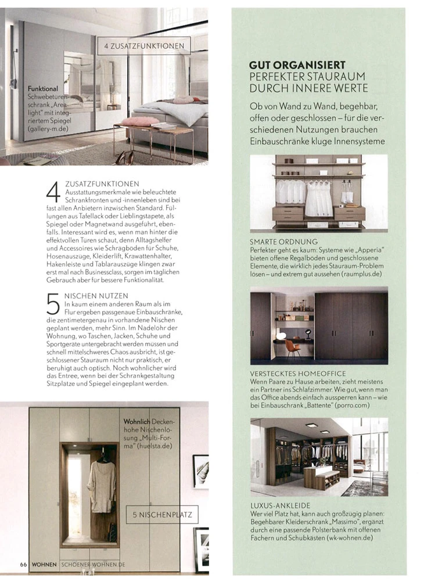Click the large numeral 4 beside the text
pos(53,192)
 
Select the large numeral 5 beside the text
pos(53,306)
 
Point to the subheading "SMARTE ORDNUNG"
pos(283,241)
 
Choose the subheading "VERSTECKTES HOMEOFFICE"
pos(298,373)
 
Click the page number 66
pos(23,564)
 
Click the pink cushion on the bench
pos(140,121)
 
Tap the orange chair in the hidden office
pos(293,347)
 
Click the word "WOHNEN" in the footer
pos(44,564)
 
